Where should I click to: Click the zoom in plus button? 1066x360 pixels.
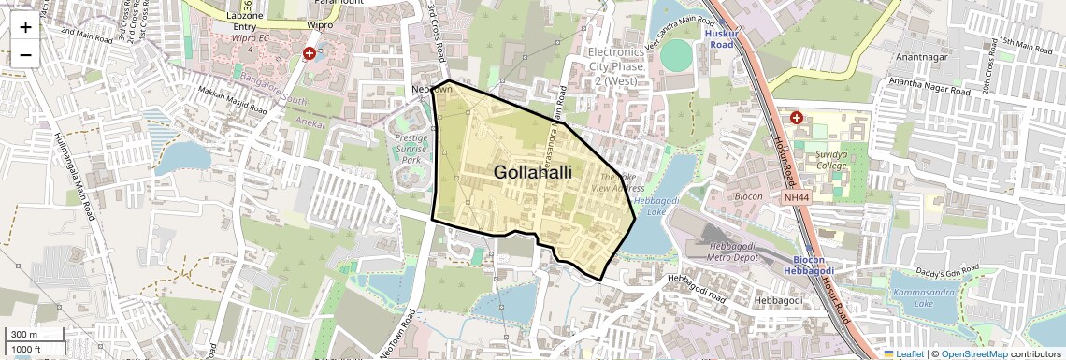click(x=25, y=27)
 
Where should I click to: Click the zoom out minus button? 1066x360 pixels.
click(x=25, y=54)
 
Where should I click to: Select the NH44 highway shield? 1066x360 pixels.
click(x=797, y=196)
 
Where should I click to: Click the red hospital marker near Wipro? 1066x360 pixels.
click(x=310, y=54)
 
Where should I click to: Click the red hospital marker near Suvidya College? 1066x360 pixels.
click(x=797, y=118)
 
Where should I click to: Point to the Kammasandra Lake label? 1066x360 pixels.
click(x=924, y=298)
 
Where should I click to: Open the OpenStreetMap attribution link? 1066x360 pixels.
click(x=973, y=353)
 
